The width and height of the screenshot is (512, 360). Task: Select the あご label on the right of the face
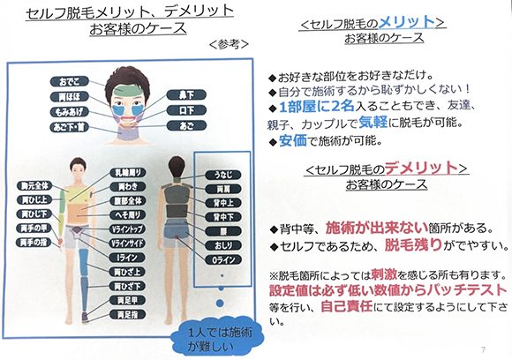pyautogui.click(x=184, y=126)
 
